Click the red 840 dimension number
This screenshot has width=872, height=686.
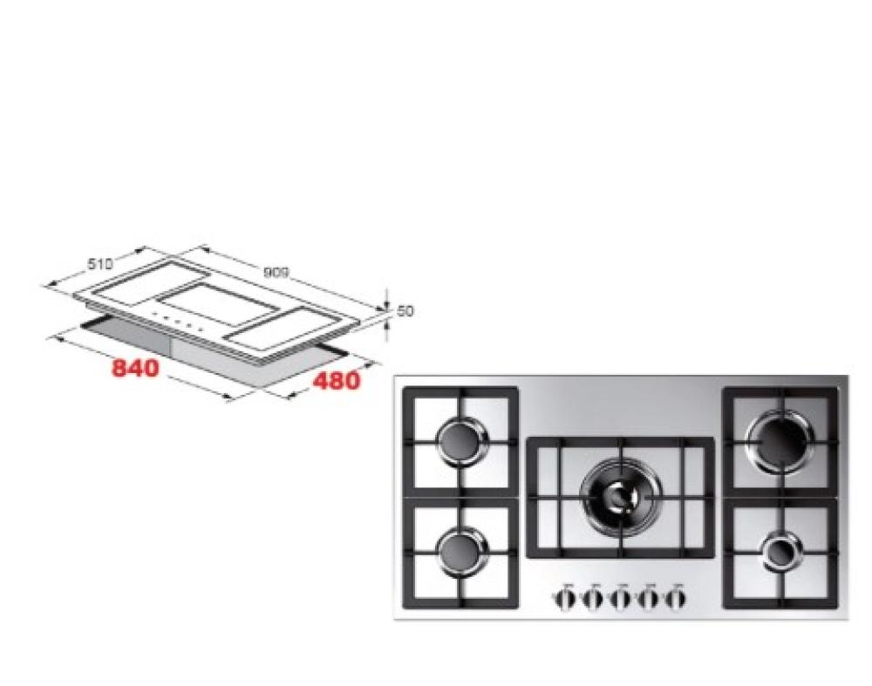(136, 368)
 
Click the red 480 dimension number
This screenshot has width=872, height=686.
(337, 380)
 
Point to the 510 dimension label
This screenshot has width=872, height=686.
(100, 263)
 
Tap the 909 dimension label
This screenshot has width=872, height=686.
(276, 273)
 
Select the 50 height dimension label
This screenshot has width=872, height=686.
(406, 311)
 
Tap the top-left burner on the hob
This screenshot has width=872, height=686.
(463, 439)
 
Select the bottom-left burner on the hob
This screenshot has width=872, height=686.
(463, 552)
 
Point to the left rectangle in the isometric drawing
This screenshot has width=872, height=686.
(149, 281)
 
